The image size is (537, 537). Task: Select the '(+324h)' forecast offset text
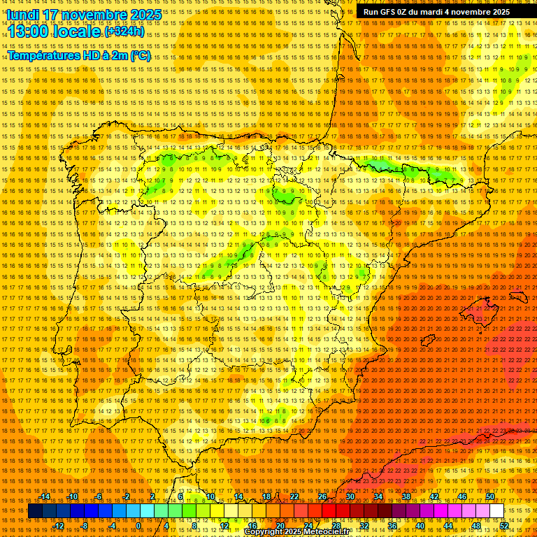[x=124, y=32]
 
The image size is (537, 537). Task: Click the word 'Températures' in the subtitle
[x=43, y=56]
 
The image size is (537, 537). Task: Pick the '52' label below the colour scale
[x=503, y=526]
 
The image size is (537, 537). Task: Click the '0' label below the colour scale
[x=138, y=526]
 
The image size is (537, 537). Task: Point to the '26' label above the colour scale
[x=322, y=496]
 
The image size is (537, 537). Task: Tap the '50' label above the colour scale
[x=489, y=496]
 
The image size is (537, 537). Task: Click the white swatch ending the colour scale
[x=496, y=511]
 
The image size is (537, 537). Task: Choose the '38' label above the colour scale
[x=406, y=496]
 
